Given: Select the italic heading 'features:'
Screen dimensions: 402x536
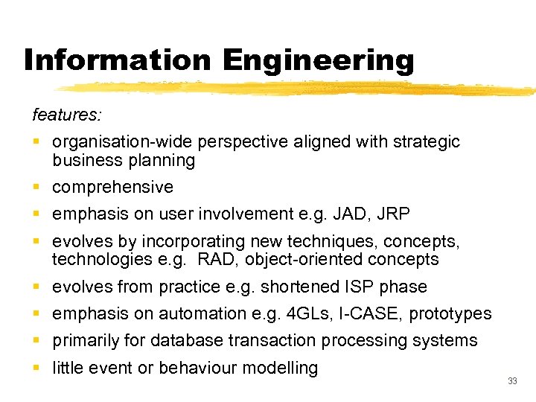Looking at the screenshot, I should click(x=68, y=115).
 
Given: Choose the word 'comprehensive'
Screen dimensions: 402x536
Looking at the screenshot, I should click(x=112, y=187).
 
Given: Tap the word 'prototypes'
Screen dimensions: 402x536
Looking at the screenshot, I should click(x=450, y=314).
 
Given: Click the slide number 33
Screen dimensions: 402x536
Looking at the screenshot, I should click(x=512, y=381).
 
